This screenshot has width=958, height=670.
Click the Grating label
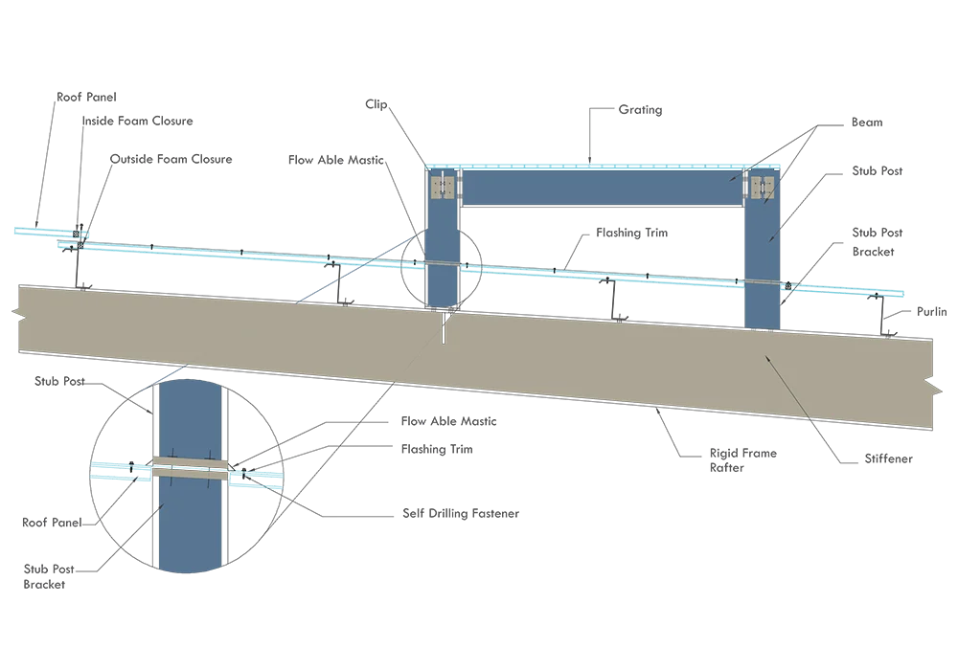pos(640,110)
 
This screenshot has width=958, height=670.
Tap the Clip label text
pos(376,104)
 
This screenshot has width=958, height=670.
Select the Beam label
pos(867,123)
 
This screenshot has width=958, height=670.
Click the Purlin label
pos(932,311)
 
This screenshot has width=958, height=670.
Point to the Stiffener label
pos(888,458)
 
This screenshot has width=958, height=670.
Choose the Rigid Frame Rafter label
pos(743,460)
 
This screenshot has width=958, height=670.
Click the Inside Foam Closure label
pos(137,121)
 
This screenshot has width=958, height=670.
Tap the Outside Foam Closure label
pos(171,159)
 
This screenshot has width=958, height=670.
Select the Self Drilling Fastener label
pos(461,513)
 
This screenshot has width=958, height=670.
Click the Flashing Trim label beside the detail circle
pos(437,449)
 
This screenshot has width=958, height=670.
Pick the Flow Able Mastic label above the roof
pos(336,160)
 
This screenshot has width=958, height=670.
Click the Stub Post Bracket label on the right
pos(877,241)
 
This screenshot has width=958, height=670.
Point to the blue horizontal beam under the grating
pos(602,188)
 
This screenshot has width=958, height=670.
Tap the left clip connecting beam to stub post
pos(443,187)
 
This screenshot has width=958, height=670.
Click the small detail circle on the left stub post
pos(400,266)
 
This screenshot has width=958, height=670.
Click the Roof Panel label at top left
pos(86,97)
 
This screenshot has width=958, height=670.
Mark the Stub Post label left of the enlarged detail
pos(59,381)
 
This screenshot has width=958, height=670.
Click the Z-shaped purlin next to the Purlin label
pos(883,315)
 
